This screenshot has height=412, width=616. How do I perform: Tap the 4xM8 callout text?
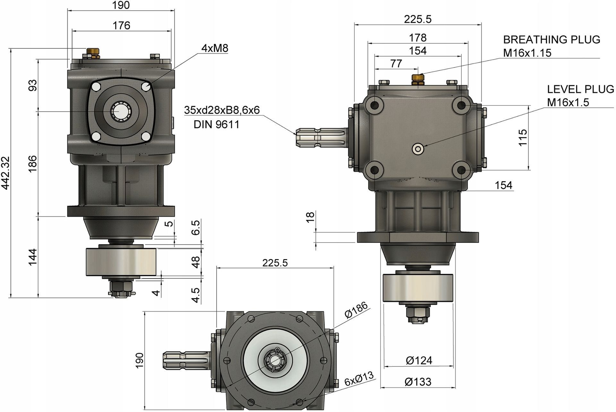(x=215, y=48)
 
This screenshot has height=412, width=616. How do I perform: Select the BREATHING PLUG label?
(x=552, y=39)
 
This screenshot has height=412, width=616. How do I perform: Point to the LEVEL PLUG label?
(x=581, y=89)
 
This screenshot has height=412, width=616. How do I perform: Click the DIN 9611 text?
(x=217, y=124)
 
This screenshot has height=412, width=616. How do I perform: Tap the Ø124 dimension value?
(x=419, y=360)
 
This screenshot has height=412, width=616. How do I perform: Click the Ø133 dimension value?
(x=418, y=382)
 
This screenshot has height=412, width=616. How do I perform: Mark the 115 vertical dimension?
(x=523, y=137)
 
